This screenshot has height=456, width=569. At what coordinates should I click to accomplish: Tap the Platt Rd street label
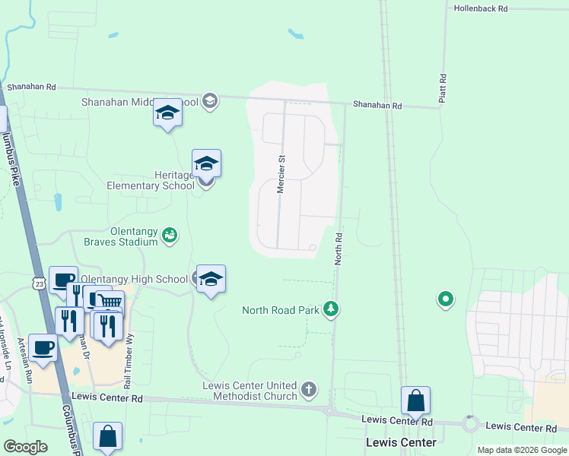point(442,88)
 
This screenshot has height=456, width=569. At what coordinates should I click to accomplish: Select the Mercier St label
point(281,175)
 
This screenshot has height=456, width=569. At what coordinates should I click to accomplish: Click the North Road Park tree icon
point(331,309)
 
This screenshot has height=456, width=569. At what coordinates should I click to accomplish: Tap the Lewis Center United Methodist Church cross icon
point(308,390)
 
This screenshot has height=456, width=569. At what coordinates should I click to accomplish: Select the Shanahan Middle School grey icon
point(210,101)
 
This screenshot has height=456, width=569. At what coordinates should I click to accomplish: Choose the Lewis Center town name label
point(401,442)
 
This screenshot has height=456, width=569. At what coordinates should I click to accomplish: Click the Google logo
point(26,447)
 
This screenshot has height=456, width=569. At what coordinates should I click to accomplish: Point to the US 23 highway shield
point(39,283)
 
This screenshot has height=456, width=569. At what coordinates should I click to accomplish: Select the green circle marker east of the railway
point(445,300)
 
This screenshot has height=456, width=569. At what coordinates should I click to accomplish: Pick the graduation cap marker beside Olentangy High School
point(210,278)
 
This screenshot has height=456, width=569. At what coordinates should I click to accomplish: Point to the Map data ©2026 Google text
point(521,450)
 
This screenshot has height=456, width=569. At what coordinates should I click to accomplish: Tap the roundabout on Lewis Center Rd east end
point(470,423)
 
